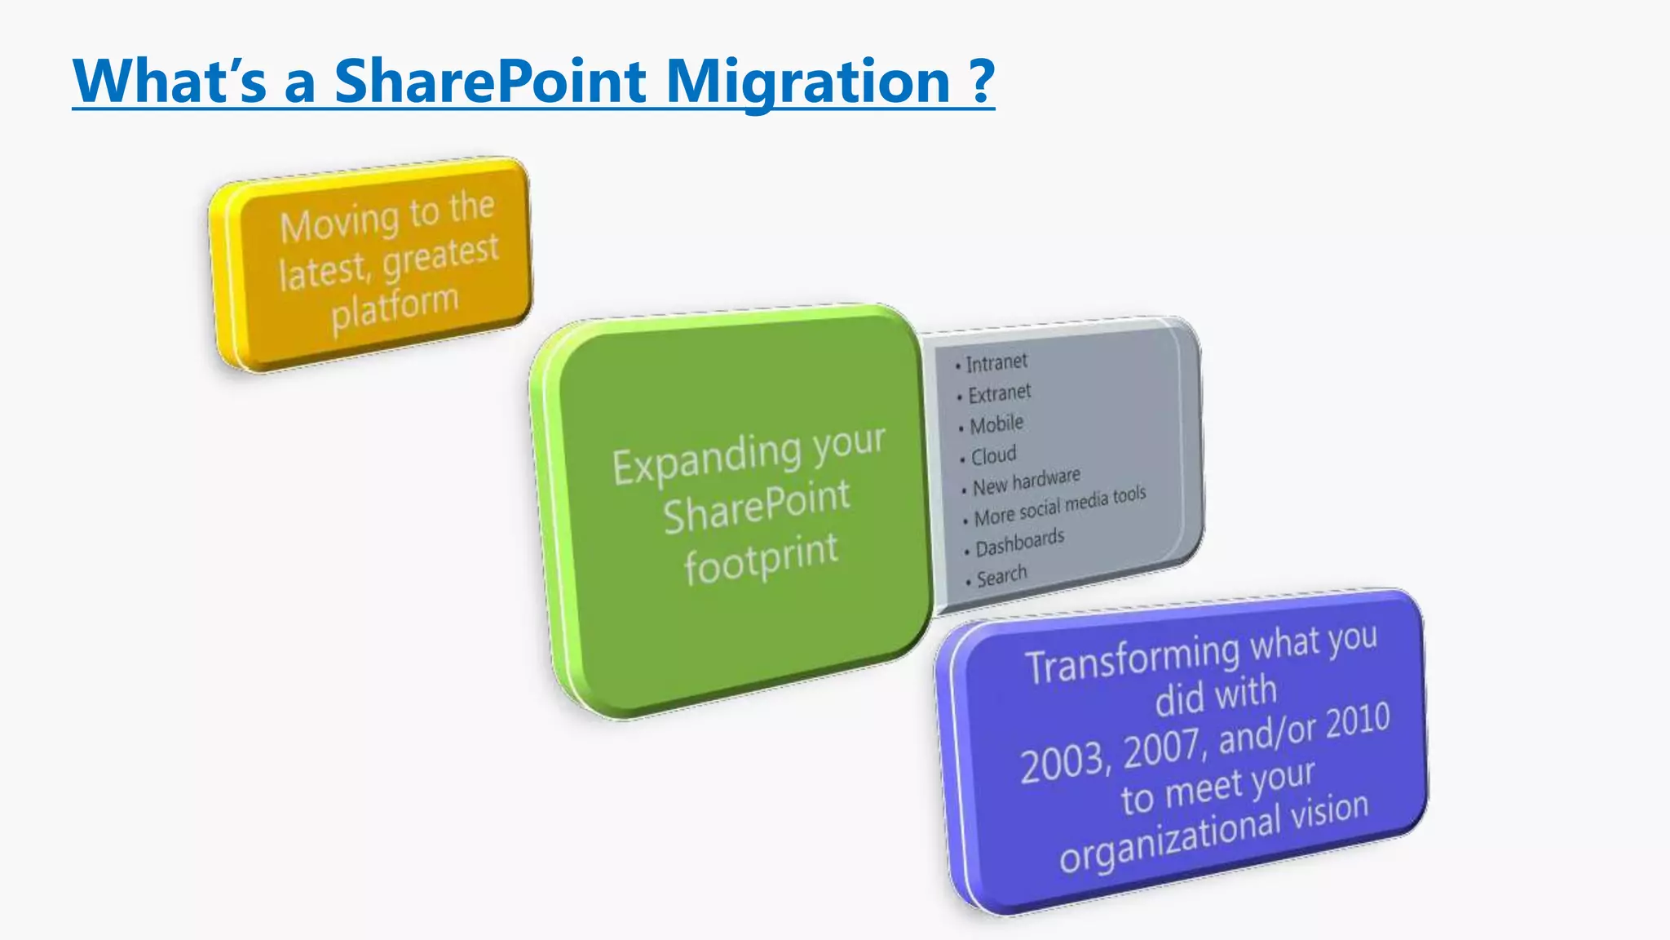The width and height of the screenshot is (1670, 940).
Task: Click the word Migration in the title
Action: [808, 82]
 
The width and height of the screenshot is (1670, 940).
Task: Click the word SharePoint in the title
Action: [490, 82]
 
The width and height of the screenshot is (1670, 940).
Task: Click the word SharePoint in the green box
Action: [756, 507]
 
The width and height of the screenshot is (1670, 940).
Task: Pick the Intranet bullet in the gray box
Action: [996, 362]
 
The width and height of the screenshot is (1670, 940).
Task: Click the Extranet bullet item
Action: [999, 394]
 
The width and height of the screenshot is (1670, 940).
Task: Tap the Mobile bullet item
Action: [996, 424]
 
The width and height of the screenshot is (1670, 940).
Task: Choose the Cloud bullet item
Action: [993, 454]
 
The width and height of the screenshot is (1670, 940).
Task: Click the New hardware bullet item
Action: [1026, 481]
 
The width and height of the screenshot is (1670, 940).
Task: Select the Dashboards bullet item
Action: [1019, 543]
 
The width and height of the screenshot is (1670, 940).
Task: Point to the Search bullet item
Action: [1001, 576]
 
